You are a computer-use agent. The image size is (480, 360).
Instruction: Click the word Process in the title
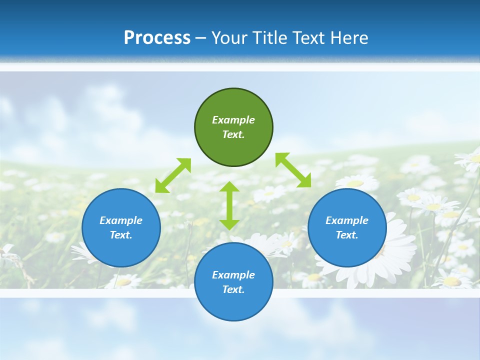(157, 38)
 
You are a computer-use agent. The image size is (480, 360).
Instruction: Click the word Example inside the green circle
(233, 120)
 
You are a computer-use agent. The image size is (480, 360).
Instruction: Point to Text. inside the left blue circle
(121, 235)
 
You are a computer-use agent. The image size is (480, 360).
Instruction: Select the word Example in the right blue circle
(347, 220)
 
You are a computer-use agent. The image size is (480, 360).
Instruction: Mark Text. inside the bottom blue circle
(233, 289)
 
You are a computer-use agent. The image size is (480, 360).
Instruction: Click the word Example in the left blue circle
(121, 220)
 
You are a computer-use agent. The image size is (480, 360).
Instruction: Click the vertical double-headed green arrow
(229, 205)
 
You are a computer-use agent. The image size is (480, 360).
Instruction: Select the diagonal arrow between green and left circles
(173, 175)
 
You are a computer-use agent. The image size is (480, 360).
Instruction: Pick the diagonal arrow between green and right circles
(293, 170)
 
